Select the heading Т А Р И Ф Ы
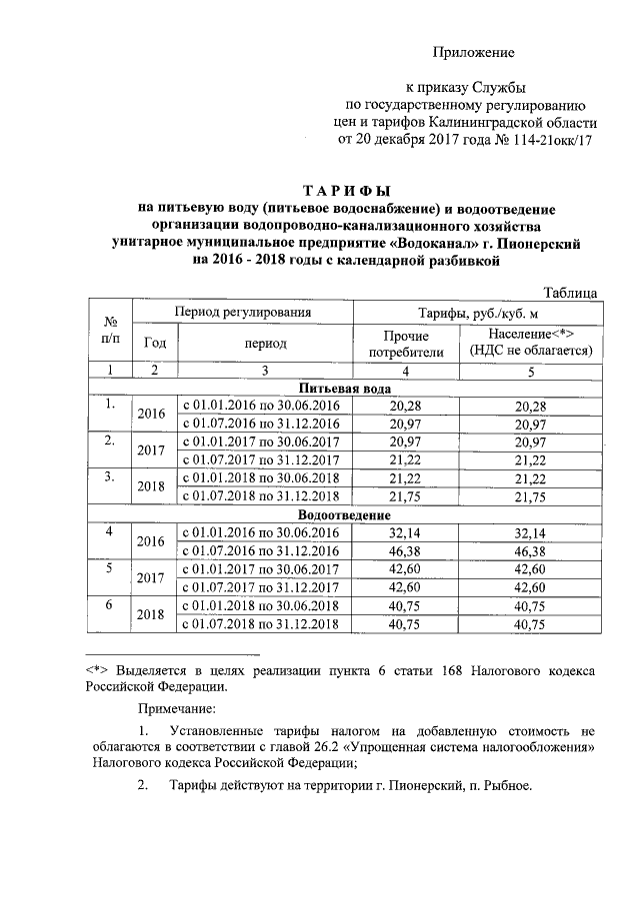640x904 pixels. [347, 190]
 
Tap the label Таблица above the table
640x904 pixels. [571, 292]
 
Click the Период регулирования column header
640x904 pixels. [243, 313]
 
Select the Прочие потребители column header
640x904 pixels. [405, 343]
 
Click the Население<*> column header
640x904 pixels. [531, 334]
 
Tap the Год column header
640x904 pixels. [155, 343]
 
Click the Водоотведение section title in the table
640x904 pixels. [345, 514]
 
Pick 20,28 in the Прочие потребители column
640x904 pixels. [405, 406]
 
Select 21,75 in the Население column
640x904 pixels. [531, 498]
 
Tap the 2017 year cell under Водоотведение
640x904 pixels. [151, 578]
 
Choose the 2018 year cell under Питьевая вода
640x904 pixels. [151, 488]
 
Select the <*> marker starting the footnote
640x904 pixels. [95, 669]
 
